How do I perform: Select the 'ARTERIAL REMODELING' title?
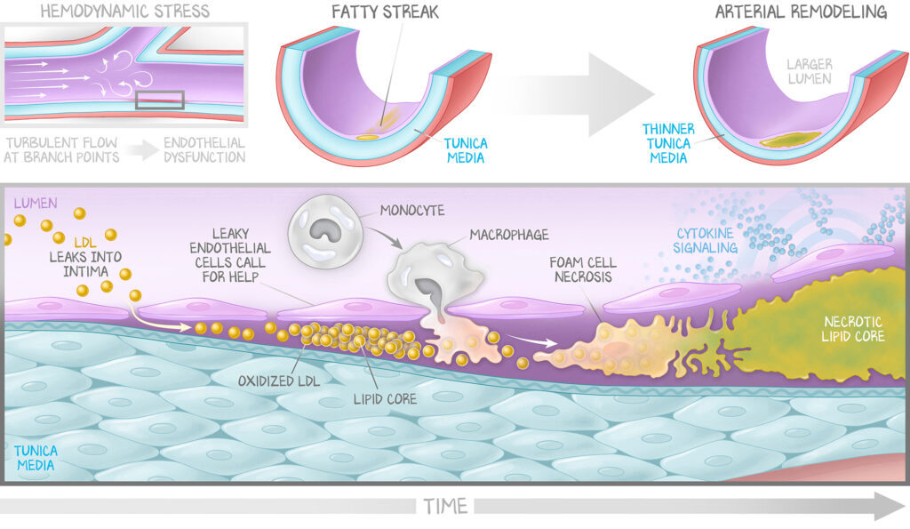click(801, 12)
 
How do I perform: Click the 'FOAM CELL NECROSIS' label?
click(583, 271)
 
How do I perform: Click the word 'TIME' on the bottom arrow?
click(445, 507)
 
